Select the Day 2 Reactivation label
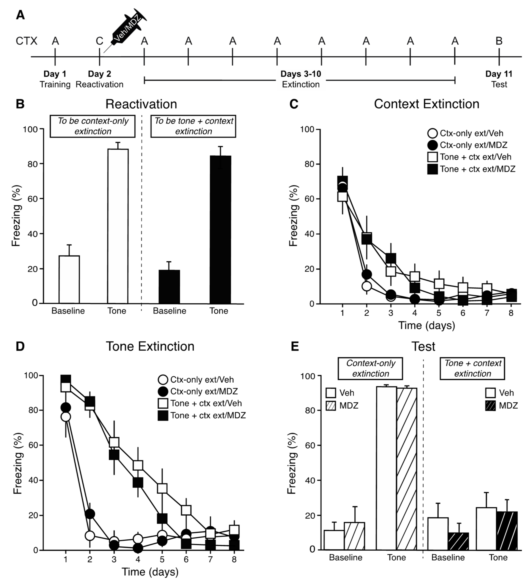click(x=100, y=79)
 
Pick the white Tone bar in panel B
click(x=118, y=226)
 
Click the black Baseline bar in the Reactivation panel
click(x=169, y=287)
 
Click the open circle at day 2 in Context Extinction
click(x=367, y=286)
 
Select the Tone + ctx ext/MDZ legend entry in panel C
click(x=471, y=169)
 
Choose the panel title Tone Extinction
click(x=150, y=346)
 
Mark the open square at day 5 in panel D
click(x=162, y=488)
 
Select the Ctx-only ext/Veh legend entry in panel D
click(x=196, y=380)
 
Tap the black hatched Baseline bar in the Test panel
click(x=458, y=541)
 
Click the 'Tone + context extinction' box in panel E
click(x=472, y=369)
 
